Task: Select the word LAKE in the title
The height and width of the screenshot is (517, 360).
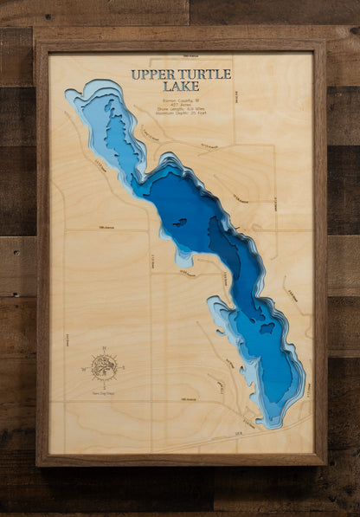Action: pyautogui.click(x=179, y=87)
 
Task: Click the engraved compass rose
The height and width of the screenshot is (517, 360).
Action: pyautogui.click(x=105, y=368)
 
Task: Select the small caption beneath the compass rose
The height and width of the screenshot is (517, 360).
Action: pyautogui.click(x=105, y=391)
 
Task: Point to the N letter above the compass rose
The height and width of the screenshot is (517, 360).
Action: pyautogui.click(x=105, y=349)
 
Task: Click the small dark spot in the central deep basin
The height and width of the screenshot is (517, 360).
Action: pyautogui.click(x=179, y=223)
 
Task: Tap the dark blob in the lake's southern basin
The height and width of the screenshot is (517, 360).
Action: pyautogui.click(x=267, y=328)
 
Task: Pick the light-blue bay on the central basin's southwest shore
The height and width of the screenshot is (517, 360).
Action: pyautogui.click(x=183, y=257)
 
